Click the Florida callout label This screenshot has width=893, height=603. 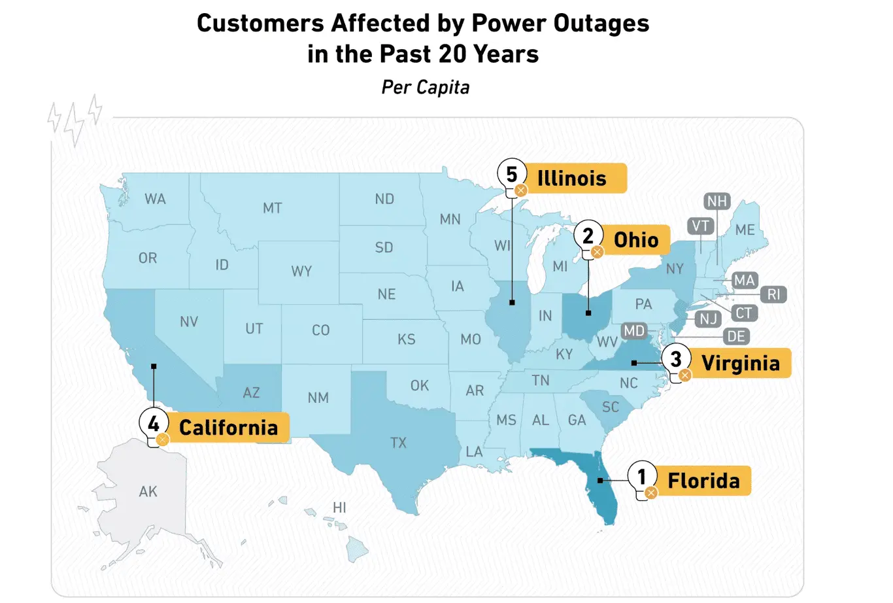(703, 481)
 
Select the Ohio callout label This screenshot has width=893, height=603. (635, 240)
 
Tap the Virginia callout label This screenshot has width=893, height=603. (740, 363)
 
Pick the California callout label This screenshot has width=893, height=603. (228, 428)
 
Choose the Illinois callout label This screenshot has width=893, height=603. (571, 178)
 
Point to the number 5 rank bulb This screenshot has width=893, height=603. (512, 175)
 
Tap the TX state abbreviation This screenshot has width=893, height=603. (398, 443)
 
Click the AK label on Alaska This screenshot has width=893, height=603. (148, 491)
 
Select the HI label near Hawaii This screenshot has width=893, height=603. (339, 508)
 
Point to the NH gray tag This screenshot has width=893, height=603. (717, 201)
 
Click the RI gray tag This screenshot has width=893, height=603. (773, 294)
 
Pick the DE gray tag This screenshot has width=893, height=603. (736, 337)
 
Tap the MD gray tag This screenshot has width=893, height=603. (633, 331)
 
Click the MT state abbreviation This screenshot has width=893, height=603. (272, 208)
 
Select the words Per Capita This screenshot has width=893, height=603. (426, 88)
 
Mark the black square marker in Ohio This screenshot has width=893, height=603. (588, 313)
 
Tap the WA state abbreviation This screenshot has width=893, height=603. (155, 199)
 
